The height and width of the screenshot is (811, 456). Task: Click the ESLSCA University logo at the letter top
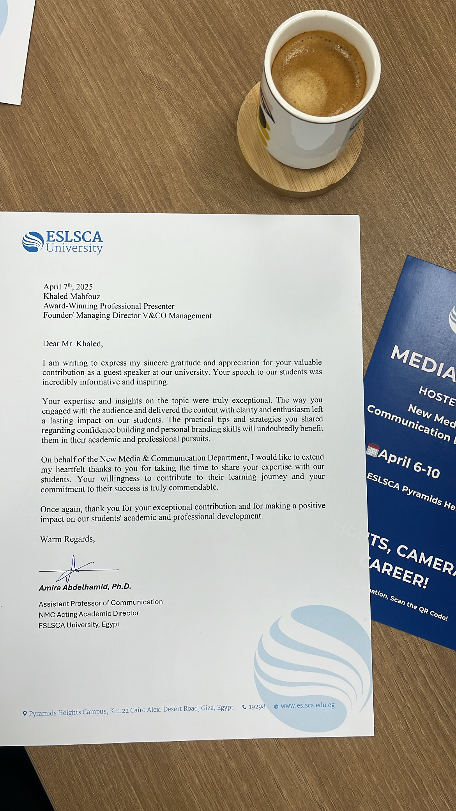pos(62,242)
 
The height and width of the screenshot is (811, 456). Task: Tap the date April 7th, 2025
pos(68,287)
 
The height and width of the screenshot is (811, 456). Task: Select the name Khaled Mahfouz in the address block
pos(72,296)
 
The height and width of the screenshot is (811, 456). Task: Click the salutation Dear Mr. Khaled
pos(72,344)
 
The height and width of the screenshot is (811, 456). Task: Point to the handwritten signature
pos(74,569)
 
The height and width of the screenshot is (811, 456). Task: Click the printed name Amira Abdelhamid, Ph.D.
pos(85,587)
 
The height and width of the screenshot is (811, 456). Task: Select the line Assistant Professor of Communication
pos(101,603)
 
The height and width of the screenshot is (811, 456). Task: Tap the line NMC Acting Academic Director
pos(89,614)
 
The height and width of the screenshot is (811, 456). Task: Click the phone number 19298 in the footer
pos(257,707)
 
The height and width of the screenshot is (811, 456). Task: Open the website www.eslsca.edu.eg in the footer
pos(307,705)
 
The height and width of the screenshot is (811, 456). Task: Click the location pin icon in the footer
pos(25,714)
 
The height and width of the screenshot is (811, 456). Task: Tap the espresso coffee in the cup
pos(319,74)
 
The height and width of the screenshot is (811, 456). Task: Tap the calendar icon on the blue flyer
pos(373,450)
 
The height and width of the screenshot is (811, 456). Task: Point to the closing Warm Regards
pos(67,539)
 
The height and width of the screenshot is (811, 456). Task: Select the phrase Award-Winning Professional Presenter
pos(109,306)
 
